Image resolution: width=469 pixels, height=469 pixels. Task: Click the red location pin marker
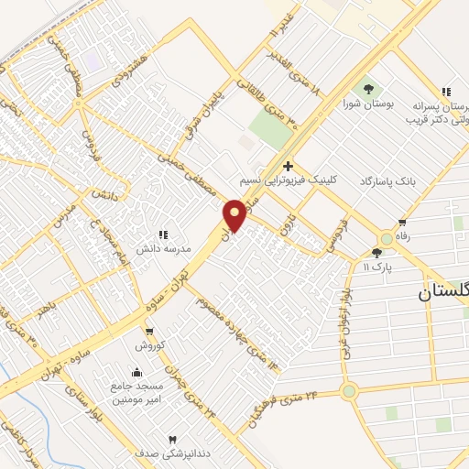234,214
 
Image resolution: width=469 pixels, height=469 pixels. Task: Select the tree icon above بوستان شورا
368,89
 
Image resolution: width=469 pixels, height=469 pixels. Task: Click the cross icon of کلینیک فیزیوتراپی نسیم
288,166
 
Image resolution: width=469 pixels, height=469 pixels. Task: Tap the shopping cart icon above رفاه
402,223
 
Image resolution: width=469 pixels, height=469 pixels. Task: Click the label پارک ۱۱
377,266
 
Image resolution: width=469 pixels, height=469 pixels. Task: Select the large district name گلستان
443,291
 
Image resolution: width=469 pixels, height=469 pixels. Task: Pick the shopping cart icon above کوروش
149,332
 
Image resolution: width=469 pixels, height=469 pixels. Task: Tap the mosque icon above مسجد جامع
136,372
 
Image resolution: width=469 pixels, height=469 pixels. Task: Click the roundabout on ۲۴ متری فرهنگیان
348,391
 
